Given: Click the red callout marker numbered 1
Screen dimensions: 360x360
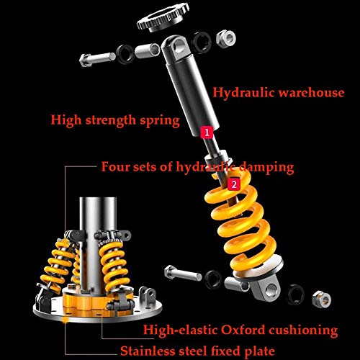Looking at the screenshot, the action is click(207, 132).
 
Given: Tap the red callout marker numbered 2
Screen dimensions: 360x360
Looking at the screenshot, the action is click(234, 184).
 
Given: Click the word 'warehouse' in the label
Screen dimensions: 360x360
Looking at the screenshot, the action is click(311, 93).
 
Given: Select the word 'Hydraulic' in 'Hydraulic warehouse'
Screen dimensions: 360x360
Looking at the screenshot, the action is click(243, 93).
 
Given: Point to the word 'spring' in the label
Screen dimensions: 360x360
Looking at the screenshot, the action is click(160, 121).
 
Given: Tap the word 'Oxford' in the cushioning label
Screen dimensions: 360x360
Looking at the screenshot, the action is click(243, 330).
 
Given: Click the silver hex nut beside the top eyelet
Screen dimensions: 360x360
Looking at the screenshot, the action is click(226, 37).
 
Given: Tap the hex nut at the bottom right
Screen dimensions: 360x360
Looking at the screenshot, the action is click(322, 299).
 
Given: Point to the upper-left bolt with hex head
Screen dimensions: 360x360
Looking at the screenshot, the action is click(97, 59).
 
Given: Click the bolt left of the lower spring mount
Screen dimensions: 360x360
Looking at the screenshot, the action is click(183, 274).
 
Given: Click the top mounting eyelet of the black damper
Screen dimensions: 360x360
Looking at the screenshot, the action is click(177, 47).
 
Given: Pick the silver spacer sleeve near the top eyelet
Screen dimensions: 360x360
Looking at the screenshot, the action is click(147, 51).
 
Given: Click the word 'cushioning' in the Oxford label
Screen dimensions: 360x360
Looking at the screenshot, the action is click(303, 330).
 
